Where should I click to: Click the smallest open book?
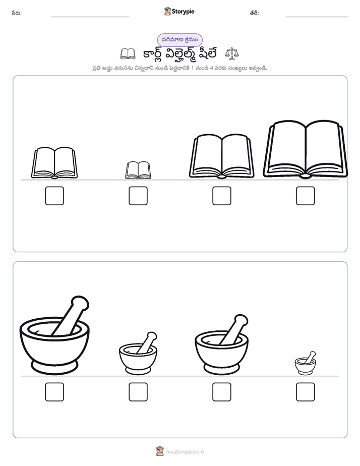coord(138,170)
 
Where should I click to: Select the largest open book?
coord(305,149)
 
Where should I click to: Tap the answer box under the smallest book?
coord(138,196)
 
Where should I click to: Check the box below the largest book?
coord(306,196)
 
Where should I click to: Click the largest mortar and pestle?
coord(54,336)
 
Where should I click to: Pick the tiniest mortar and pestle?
coord(306,363)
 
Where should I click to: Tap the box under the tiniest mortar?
coord(306,392)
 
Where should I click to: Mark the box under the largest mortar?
coord(54,392)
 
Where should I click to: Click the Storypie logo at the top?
coord(179,11)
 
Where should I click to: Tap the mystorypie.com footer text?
coord(185,452)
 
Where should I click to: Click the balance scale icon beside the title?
coord(232,54)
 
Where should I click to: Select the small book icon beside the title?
coord(128,54)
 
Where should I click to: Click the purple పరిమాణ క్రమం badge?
coord(179,40)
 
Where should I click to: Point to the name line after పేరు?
coord(90,17)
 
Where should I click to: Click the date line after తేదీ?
coord(317,17)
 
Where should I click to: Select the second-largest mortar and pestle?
coord(221,345)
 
